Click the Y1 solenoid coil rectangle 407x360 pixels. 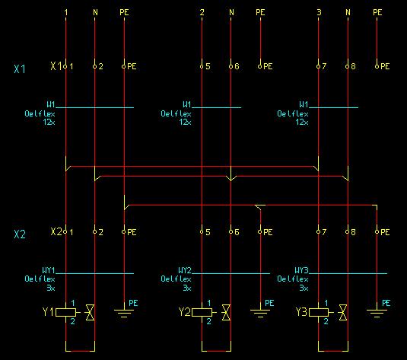(66, 312)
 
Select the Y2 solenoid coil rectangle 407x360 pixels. (202, 312)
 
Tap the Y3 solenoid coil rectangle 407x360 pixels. (319, 312)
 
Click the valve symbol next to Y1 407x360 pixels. (90, 313)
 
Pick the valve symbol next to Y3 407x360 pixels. (342, 313)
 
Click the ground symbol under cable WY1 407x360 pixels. (124, 313)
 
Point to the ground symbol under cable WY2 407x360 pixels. (260, 313)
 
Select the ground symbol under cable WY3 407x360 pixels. (377, 313)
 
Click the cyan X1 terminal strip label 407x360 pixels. (20, 69)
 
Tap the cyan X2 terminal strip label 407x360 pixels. (20, 234)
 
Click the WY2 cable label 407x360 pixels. (185, 270)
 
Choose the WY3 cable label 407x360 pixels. (301, 270)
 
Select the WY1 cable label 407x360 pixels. (49, 270)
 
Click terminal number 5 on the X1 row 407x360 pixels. (208, 66)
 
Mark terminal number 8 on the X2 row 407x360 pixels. (353, 232)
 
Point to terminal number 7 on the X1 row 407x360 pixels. (323, 66)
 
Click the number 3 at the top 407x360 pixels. (319, 12)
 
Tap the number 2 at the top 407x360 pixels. (202, 12)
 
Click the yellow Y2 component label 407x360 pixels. (185, 312)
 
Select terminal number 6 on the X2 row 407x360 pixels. (237, 232)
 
